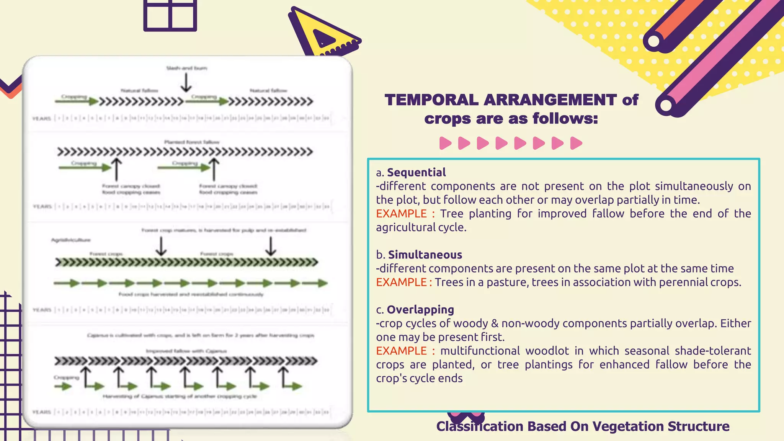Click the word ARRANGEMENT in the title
550,100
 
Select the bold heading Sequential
416,172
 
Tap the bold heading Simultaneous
425,255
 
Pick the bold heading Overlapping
420,309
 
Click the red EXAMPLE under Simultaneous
401,282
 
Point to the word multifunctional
480,351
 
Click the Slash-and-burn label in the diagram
186,68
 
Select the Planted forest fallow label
192,142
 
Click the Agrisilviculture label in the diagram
71,240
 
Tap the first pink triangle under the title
445,143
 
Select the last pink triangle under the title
576,143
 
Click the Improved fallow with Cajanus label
186,351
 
